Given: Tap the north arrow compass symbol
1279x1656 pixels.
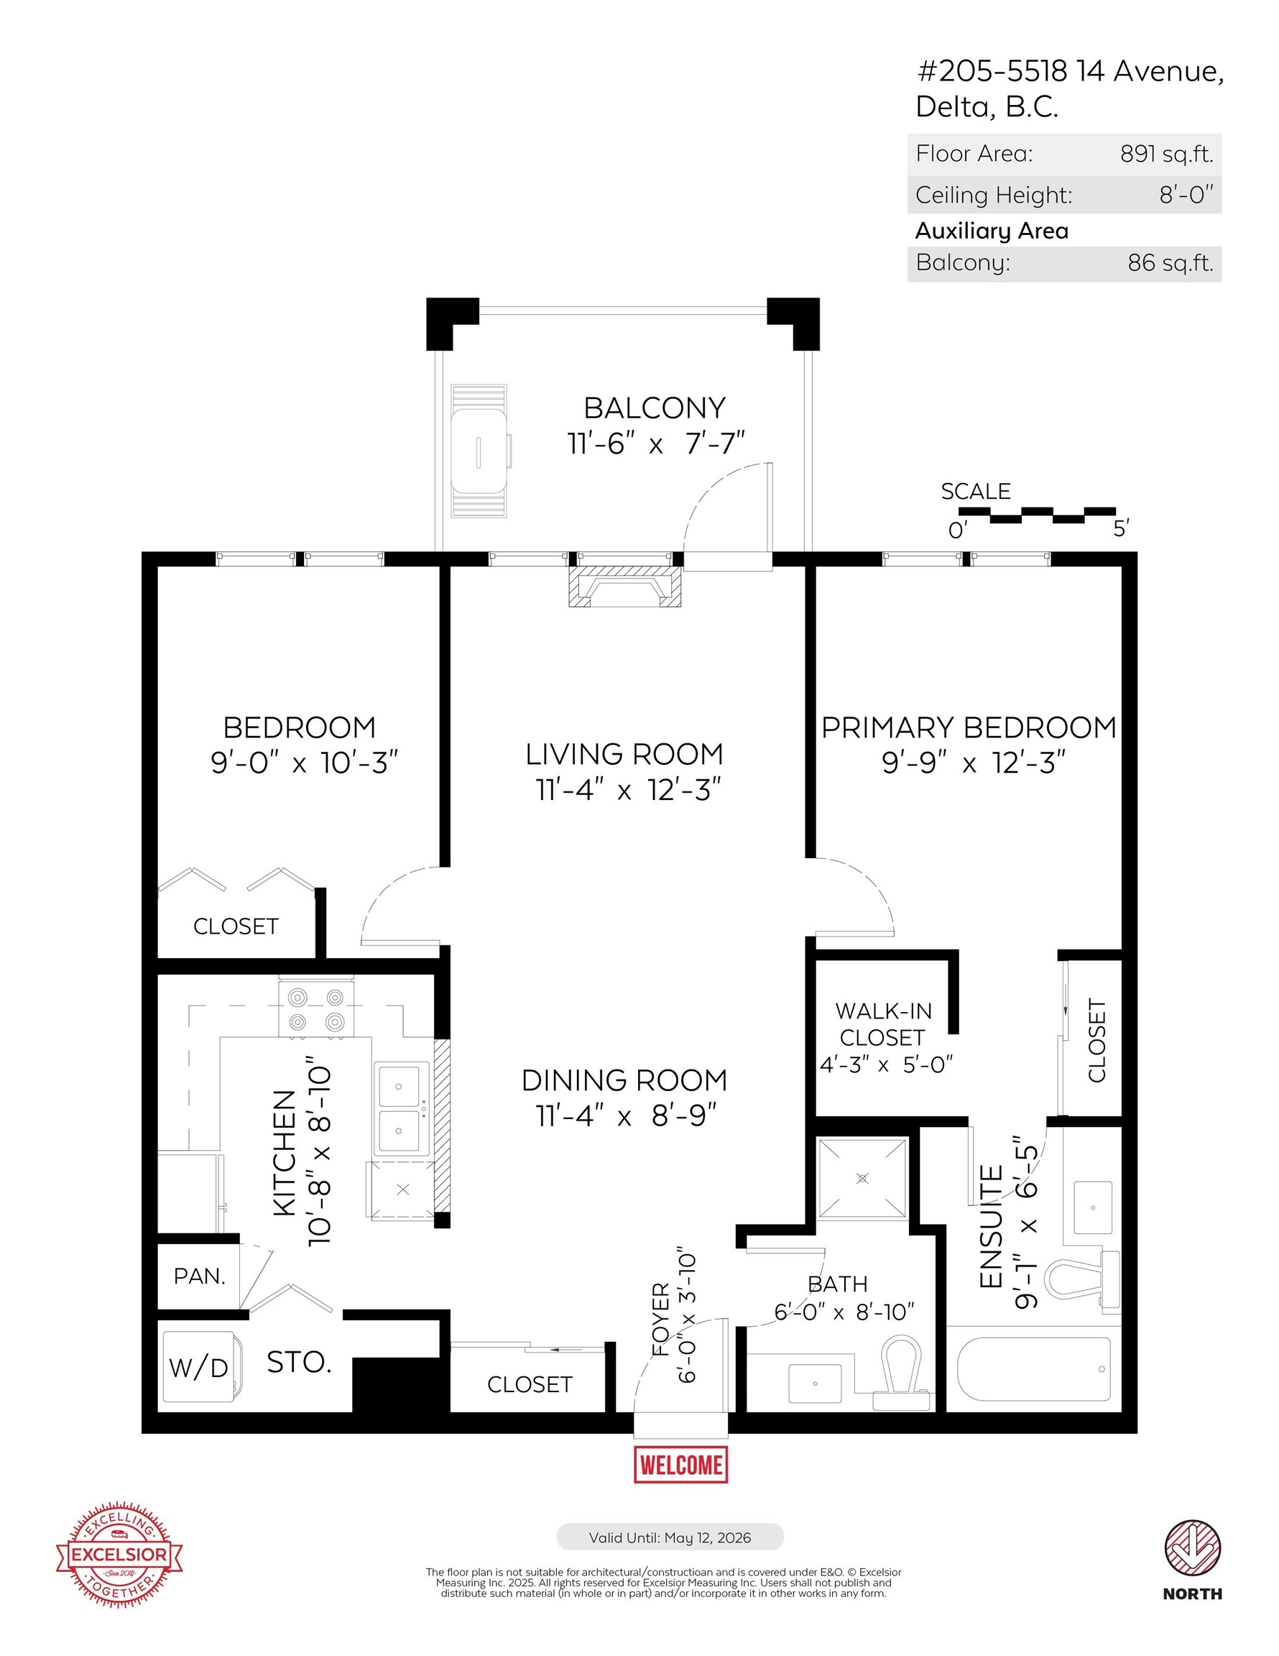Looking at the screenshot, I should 1193,1545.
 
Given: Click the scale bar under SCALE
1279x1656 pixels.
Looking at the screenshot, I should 1036,515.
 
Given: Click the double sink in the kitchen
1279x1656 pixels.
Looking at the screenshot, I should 400,1110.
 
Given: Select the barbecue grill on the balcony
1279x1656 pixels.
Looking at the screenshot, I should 479,451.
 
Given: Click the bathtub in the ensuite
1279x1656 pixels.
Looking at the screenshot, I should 1034,1368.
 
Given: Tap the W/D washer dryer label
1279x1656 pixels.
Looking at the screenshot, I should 198,1368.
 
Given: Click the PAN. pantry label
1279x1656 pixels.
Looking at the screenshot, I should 199,1276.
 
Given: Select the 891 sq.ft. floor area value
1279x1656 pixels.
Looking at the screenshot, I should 1166,154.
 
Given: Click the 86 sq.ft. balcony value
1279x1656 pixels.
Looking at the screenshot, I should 1170,263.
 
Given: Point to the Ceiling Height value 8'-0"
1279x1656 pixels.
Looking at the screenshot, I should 1186,195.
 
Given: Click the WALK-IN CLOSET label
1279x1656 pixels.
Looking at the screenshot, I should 883,1024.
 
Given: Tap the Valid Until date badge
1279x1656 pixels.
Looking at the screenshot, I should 670,1537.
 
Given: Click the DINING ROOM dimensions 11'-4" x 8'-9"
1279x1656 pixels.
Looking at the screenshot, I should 625,1116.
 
